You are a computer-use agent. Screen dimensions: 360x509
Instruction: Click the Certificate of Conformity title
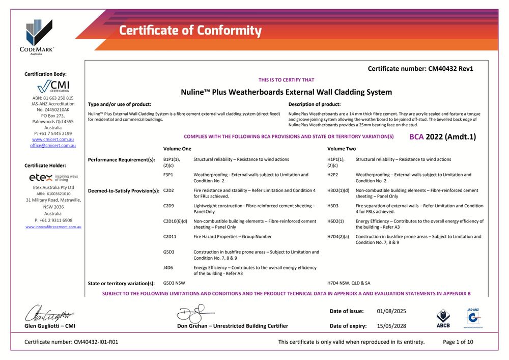coord(190,31)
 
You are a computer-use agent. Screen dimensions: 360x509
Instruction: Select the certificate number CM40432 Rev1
coord(420,68)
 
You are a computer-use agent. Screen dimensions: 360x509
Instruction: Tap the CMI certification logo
coord(53,86)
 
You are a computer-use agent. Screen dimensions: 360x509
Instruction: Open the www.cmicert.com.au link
coord(53,139)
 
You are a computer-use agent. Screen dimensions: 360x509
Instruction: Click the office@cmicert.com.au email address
coord(53,145)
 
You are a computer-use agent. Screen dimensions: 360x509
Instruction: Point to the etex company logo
coord(53,178)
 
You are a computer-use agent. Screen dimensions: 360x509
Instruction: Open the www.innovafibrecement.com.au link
coord(53,227)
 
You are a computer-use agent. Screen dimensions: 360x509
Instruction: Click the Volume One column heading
coord(177,149)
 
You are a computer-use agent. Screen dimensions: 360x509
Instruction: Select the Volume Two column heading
coord(342,149)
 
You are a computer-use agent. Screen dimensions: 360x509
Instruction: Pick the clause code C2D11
coord(171,237)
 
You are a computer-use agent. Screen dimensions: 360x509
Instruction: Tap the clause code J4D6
coord(168,267)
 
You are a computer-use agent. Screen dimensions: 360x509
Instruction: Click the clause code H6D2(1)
coord(335,221)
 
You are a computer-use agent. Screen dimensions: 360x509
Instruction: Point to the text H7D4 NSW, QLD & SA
coord(349,283)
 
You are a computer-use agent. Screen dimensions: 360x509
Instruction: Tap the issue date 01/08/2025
coord(391,311)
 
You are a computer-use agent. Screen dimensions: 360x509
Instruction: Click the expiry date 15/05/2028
coord(391,326)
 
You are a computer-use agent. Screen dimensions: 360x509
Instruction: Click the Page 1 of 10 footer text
coord(458,342)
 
